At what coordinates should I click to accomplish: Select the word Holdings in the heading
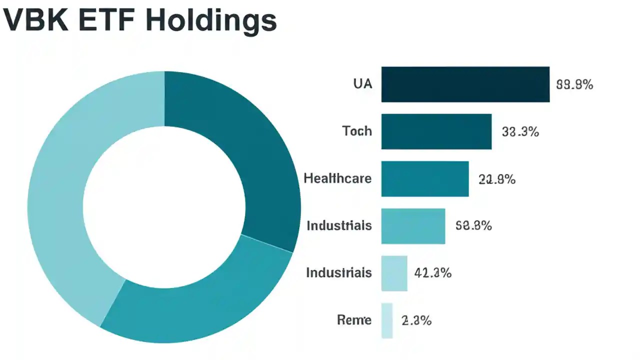coord(211,21)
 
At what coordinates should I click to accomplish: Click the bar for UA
coord(465,84)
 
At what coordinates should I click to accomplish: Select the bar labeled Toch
coord(436,131)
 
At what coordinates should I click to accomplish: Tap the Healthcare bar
coord(424,178)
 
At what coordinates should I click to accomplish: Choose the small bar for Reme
coord(386,320)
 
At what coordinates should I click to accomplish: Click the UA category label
coord(362,84)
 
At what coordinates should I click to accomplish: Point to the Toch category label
coord(357,131)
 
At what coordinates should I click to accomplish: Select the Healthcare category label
coord(337,178)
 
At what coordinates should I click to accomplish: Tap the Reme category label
coord(354,320)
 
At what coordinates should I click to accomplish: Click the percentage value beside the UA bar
coord(574,85)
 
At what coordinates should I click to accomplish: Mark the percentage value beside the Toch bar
coord(520,132)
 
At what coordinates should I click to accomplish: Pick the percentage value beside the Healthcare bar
coord(496,179)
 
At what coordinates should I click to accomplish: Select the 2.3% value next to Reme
coord(416,320)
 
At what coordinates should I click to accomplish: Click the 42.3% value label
coord(433,273)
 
